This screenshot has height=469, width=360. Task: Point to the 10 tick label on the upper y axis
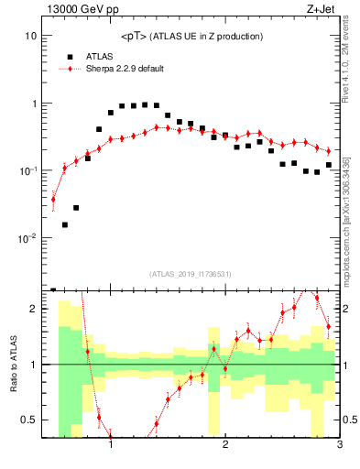coord(29,36)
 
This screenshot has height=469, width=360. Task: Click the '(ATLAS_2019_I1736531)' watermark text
coord(191,274)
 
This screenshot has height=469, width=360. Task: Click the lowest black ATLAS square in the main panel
coord(53,289)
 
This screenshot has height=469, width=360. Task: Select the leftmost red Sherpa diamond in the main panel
coord(53,199)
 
